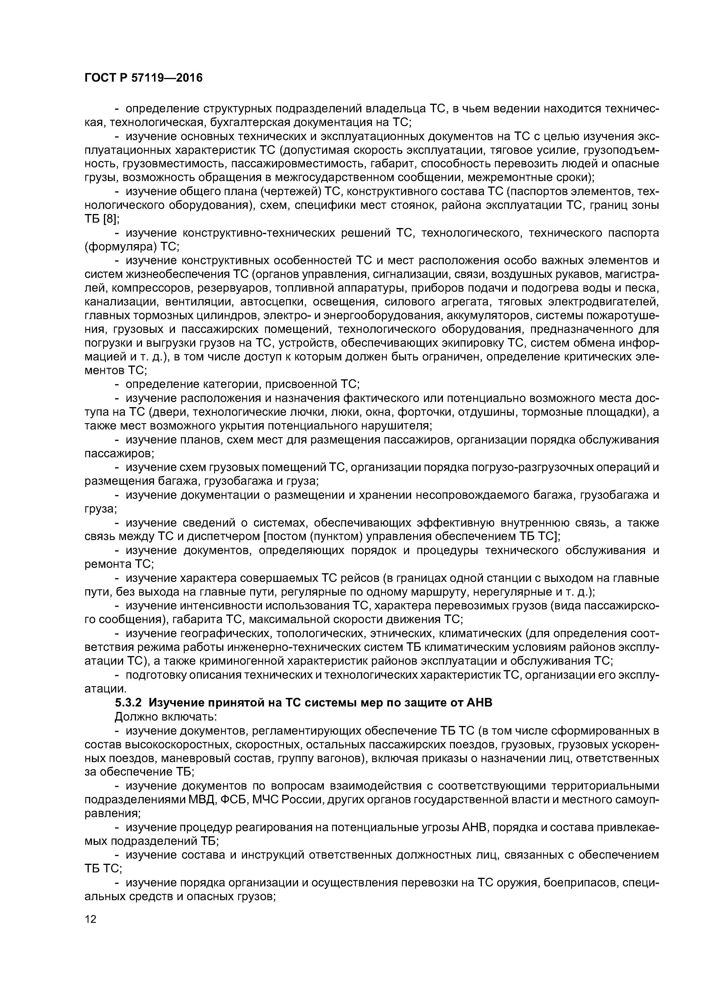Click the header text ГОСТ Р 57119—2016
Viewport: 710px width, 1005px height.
coord(143,78)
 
